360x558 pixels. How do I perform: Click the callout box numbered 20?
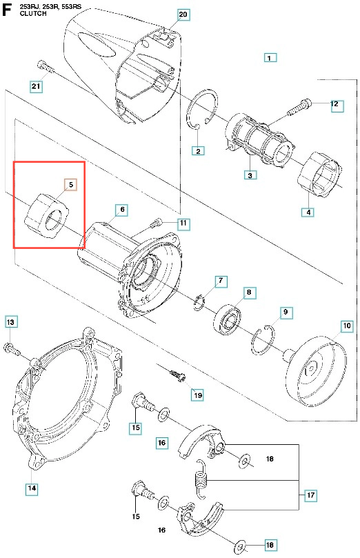click(x=183, y=14)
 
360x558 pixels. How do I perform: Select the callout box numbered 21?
click(x=36, y=86)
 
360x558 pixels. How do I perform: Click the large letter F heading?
click(x=7, y=10)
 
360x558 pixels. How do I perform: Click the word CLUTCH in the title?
click(x=33, y=14)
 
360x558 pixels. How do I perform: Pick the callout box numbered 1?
click(x=270, y=58)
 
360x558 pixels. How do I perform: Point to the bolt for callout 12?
click(x=299, y=107)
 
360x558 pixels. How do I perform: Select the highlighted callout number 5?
click(x=71, y=185)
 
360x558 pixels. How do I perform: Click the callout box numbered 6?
click(x=122, y=210)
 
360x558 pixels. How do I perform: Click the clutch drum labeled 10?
click(x=317, y=370)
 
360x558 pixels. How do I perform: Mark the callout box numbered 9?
click(x=286, y=312)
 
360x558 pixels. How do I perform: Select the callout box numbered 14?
click(x=32, y=488)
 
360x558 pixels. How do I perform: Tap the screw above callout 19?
click(x=177, y=375)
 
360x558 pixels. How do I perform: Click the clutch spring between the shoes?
click(x=201, y=478)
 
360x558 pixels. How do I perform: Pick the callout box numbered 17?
click(x=310, y=495)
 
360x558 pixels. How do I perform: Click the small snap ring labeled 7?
click(x=199, y=303)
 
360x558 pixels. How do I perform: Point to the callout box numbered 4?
click(x=308, y=212)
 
